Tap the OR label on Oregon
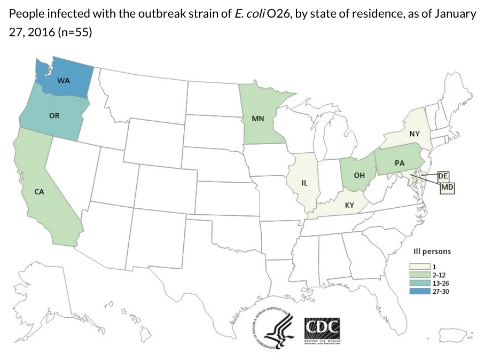click(x=54, y=115)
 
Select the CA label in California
click(x=39, y=192)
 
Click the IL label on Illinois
click(x=304, y=183)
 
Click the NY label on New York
click(x=414, y=134)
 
